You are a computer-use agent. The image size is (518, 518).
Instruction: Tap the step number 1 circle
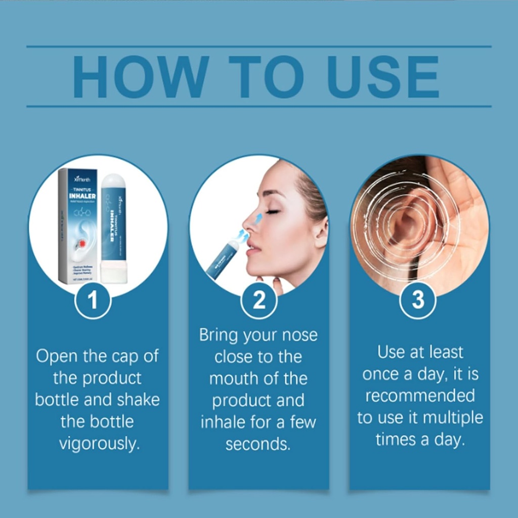click(93, 301)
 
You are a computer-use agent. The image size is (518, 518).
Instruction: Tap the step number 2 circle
click(258, 301)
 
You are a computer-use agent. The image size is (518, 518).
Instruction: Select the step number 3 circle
click(418, 301)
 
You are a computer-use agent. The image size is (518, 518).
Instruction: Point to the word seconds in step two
click(258, 444)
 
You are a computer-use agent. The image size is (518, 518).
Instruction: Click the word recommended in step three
click(420, 396)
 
